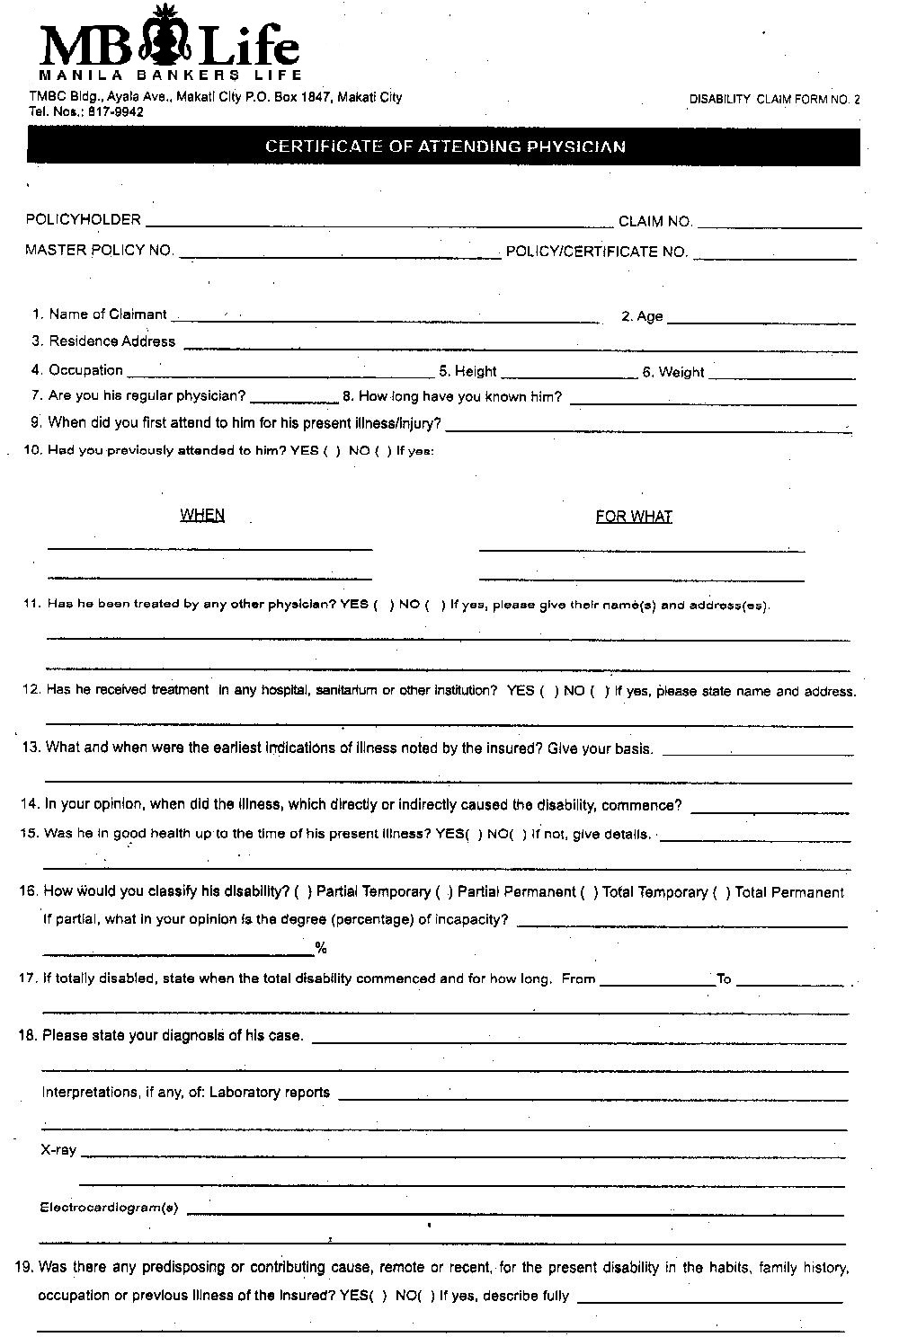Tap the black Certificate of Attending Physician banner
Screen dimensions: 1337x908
(x=443, y=146)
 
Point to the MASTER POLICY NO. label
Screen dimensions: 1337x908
(x=99, y=251)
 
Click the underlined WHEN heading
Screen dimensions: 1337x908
(x=202, y=515)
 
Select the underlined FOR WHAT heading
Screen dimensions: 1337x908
(x=634, y=517)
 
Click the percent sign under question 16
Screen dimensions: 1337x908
(x=321, y=949)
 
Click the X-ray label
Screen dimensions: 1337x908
(x=58, y=1150)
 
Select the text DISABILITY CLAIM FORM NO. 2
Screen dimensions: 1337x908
(x=774, y=100)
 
